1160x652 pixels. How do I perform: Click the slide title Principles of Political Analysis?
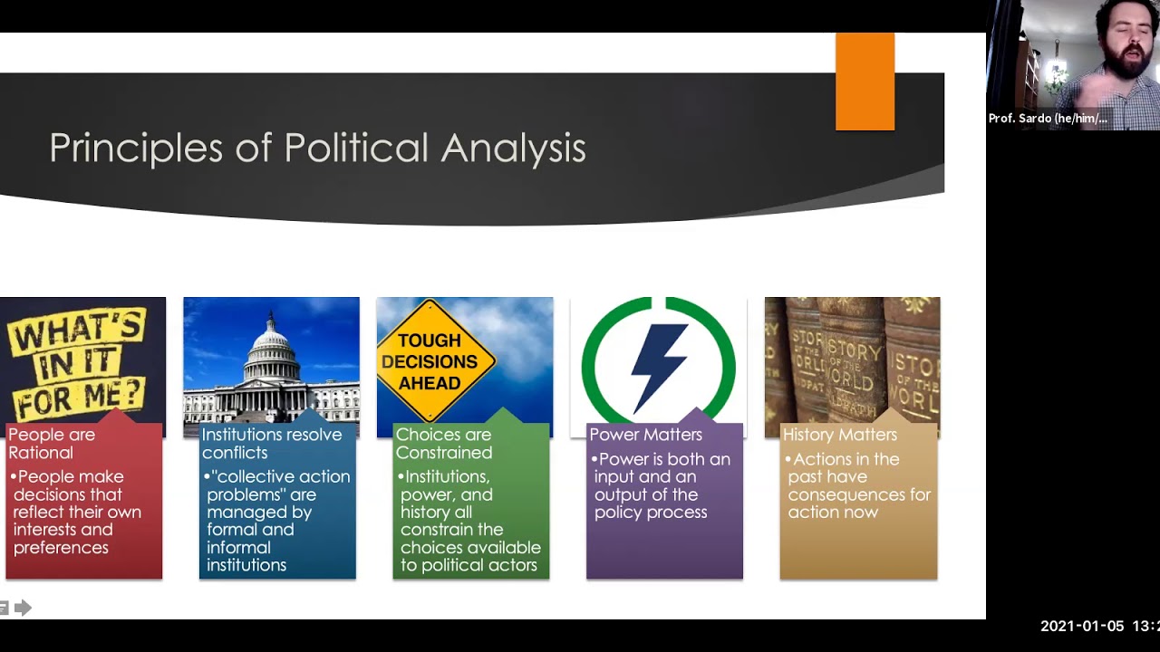(x=317, y=149)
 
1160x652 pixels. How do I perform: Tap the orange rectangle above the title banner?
(x=865, y=81)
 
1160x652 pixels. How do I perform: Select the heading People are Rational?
(x=52, y=444)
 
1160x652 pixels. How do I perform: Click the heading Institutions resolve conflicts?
(x=272, y=444)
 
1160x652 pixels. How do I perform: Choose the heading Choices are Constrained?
(x=444, y=444)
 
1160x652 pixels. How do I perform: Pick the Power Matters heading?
(x=645, y=435)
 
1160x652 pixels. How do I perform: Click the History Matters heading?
(x=839, y=435)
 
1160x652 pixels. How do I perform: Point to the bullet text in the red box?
(x=77, y=512)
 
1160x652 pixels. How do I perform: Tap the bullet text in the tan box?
(x=857, y=485)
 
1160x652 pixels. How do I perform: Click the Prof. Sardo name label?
(x=1048, y=119)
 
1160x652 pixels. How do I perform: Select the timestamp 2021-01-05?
(x=1082, y=627)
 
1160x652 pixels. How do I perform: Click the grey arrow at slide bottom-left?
(x=24, y=608)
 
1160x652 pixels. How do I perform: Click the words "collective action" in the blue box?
(x=282, y=476)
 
